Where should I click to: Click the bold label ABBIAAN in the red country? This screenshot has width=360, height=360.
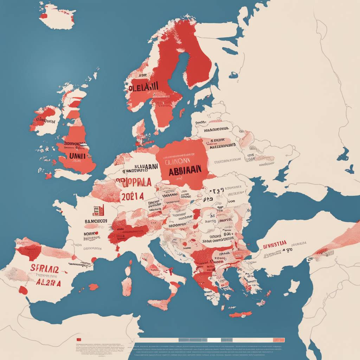185,169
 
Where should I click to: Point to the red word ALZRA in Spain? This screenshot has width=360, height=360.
48,283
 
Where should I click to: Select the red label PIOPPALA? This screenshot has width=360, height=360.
134,182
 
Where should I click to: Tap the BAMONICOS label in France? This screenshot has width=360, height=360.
96,221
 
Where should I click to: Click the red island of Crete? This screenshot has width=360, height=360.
240,314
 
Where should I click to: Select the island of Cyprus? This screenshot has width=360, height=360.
294,287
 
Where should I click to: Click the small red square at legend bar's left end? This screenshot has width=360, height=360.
79,340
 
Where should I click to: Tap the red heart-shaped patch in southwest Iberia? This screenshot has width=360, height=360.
23,290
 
